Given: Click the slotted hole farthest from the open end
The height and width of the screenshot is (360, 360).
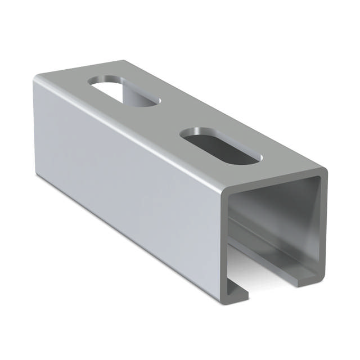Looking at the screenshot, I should pyautogui.click(x=124, y=92).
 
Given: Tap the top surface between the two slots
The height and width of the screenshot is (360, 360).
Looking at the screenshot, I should pyautogui.click(x=169, y=118).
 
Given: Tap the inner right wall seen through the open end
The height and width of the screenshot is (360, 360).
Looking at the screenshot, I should pyautogui.click(x=315, y=225).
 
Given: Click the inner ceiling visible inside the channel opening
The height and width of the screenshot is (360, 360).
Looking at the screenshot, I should pyautogui.click(x=276, y=194).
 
